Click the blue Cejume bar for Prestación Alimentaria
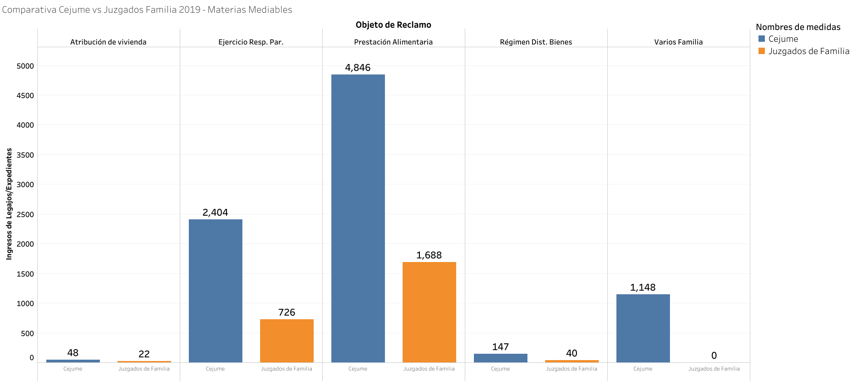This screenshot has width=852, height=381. coord(358,218)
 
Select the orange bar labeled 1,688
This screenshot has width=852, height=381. coord(429,312)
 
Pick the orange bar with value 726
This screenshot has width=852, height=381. coord(286,341)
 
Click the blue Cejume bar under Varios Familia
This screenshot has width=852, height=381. coord(643,328)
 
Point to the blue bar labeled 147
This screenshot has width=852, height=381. coord(500,358)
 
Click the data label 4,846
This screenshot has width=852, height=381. coord(358,68)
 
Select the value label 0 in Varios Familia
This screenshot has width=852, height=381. coord(714,356)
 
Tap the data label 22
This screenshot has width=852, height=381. coord(144,354)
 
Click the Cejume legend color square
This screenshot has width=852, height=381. coord(762,39)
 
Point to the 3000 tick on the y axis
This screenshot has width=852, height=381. coord(25,184)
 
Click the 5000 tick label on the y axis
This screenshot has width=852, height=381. coord(25,66)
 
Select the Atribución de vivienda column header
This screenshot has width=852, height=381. coord(108,42)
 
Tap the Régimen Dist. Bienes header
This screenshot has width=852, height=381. coord(536,42)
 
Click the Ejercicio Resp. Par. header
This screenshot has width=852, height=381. coord(251,42)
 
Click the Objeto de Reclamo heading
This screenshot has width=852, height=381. coord(393,25)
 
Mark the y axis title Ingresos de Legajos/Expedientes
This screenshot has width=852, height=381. coord(9,204)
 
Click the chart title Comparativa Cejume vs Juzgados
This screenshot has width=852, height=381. coord(147,10)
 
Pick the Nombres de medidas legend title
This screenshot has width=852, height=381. coord(798,27)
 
